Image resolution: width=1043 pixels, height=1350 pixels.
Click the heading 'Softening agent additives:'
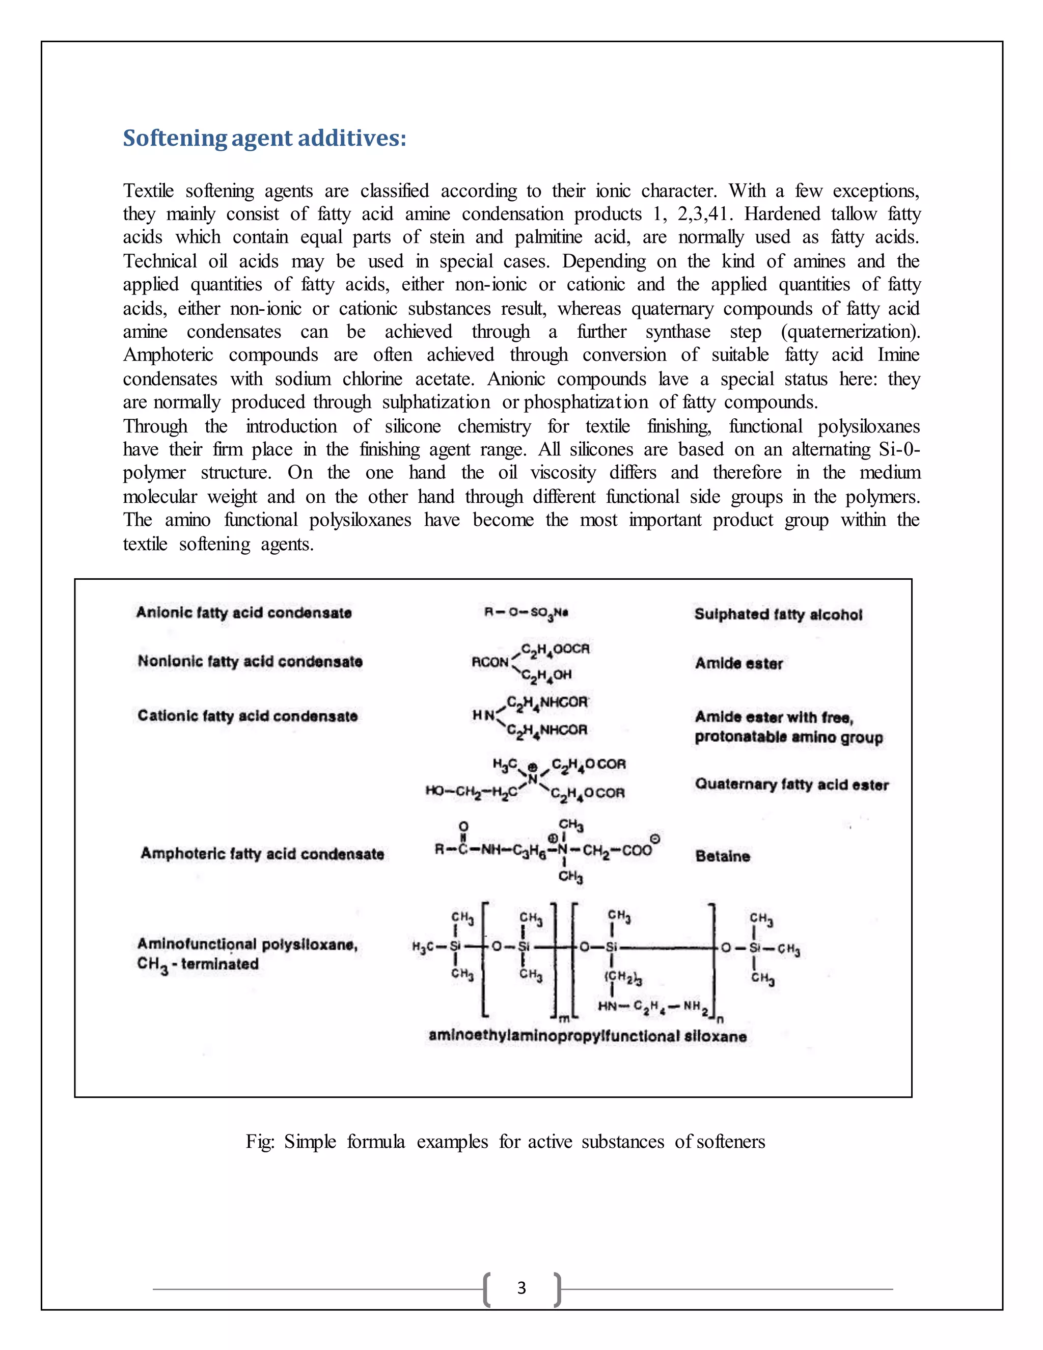[x=264, y=138]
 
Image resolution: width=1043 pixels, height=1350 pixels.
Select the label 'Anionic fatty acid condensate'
[x=244, y=612]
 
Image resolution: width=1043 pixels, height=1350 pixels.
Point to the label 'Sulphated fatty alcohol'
[x=778, y=614]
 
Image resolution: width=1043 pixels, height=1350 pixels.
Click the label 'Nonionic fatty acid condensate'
[x=250, y=661]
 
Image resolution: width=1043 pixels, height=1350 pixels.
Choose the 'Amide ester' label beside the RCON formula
[x=738, y=663]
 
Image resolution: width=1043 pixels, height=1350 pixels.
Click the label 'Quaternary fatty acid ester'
[x=791, y=785]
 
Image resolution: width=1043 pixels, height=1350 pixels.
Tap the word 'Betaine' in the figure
[x=722, y=856]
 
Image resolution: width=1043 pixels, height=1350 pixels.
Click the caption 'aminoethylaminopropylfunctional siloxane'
[x=587, y=1037]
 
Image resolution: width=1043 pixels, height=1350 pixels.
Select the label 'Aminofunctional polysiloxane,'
[x=247, y=944]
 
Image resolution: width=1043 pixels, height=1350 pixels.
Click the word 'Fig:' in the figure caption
[x=260, y=1141]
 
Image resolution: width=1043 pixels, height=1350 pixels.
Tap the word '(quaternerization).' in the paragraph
[x=850, y=332]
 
